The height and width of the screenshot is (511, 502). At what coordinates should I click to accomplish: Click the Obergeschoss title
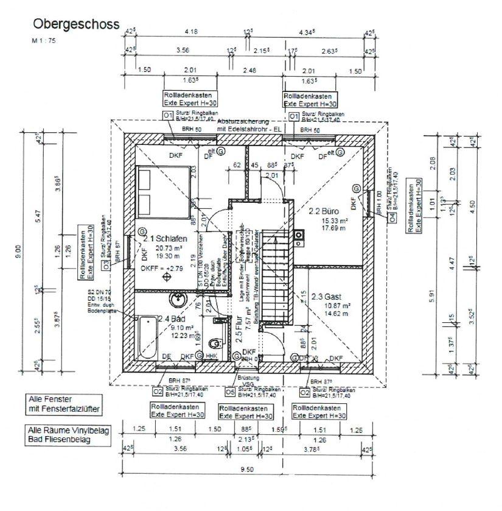75,24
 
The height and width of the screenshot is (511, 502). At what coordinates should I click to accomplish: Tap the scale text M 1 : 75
44,40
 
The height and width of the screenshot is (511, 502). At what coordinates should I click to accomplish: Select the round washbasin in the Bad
178,300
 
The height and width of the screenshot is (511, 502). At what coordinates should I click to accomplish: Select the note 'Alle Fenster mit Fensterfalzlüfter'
63,404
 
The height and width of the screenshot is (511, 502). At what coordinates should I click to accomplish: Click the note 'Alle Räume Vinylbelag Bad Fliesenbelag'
68,434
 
